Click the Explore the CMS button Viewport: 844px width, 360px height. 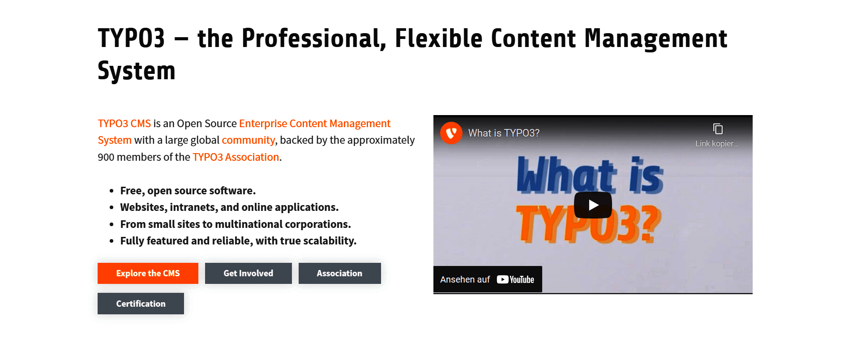[x=148, y=273]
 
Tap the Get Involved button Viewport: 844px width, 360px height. [x=248, y=273]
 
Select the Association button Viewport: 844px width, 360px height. [x=340, y=273]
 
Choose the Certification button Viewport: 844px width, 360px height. [x=141, y=304]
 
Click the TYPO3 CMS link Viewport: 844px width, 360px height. [x=124, y=124]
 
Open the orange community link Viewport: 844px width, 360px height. [x=248, y=140]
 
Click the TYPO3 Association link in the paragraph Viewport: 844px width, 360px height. [x=236, y=157]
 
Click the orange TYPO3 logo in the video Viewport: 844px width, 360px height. [x=451, y=133]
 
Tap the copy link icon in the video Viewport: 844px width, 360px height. [x=718, y=129]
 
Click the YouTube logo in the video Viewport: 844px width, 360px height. [x=516, y=279]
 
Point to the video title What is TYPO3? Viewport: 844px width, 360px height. [x=504, y=133]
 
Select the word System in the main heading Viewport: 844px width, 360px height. [x=137, y=71]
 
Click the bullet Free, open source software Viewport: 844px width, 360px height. [x=188, y=191]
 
